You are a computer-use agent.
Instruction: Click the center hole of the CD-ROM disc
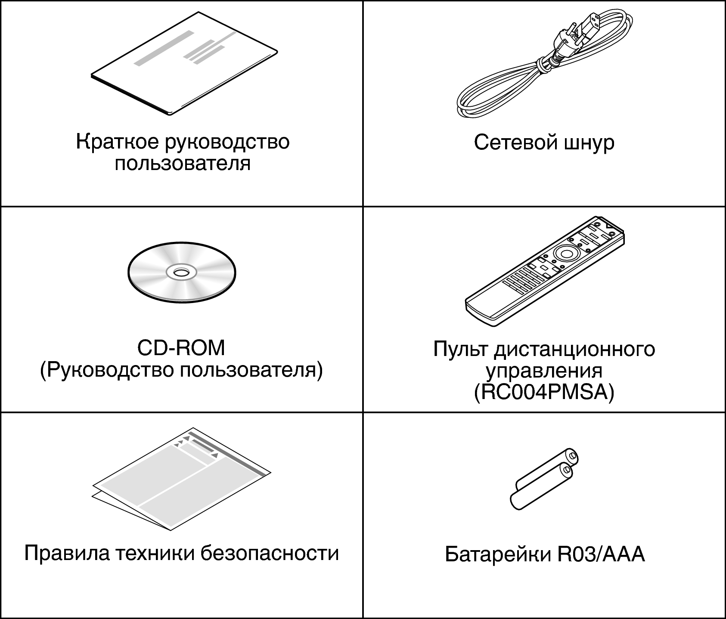tap(181, 272)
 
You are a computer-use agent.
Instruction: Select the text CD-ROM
tap(181, 348)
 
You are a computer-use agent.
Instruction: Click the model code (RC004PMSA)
tap(544, 393)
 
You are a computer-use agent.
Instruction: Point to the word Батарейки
tap(497, 554)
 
